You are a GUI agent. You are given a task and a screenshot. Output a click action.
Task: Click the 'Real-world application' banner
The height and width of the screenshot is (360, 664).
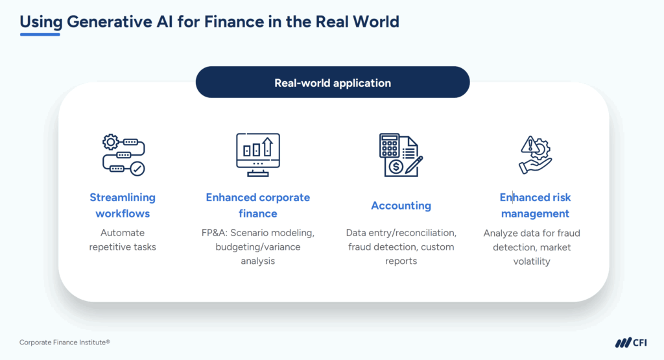pyautogui.click(x=332, y=82)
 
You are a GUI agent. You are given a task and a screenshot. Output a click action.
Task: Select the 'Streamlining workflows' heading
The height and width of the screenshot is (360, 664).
pyautogui.click(x=123, y=205)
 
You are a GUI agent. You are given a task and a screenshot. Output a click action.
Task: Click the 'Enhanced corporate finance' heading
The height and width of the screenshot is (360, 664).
pyautogui.click(x=258, y=205)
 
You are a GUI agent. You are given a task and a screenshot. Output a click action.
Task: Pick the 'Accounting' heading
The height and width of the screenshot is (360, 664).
pyautogui.click(x=401, y=206)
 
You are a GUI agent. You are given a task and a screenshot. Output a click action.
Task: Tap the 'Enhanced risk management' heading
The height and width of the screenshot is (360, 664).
pyautogui.click(x=535, y=205)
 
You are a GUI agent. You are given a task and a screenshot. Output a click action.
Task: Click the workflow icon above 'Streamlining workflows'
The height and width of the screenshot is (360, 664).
pyautogui.click(x=123, y=154)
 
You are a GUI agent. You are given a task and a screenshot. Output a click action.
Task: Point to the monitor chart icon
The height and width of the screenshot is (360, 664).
pyautogui.click(x=258, y=154)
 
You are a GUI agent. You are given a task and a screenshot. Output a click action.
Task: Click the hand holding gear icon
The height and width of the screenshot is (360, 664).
pyautogui.click(x=535, y=154)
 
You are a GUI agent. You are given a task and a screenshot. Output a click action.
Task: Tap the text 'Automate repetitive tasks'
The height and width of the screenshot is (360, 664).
pyautogui.click(x=123, y=239)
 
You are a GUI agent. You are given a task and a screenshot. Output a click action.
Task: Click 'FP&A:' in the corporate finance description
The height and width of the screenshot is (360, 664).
pyautogui.click(x=217, y=232)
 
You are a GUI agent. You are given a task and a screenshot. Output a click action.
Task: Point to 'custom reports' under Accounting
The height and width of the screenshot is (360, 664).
pyautogui.click(x=401, y=254)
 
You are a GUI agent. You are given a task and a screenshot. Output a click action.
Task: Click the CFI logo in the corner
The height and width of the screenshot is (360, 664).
pyautogui.click(x=630, y=342)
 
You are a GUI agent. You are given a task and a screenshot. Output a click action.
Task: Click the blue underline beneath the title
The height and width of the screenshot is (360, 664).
pyautogui.click(x=40, y=34)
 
